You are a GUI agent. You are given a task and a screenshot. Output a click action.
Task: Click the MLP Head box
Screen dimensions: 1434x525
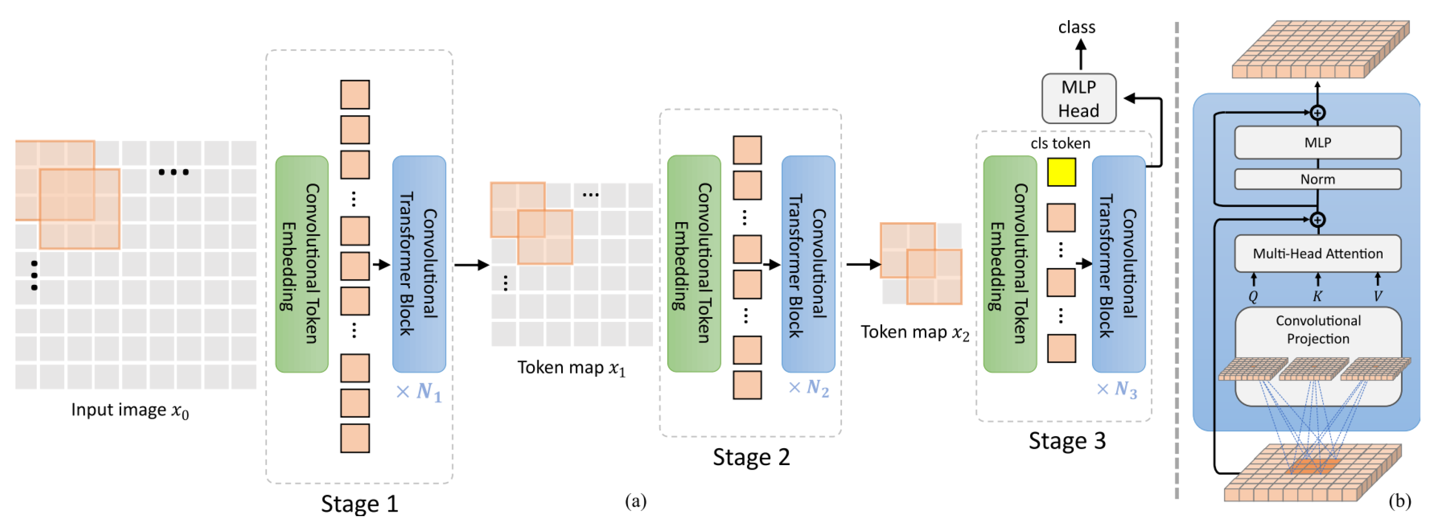pos(1078,99)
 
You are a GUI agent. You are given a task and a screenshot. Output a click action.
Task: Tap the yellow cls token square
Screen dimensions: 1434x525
pos(1061,172)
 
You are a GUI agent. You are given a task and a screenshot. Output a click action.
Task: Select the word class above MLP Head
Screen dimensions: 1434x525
pos(1076,27)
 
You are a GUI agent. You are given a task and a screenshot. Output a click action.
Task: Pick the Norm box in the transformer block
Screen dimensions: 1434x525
pos(1317,179)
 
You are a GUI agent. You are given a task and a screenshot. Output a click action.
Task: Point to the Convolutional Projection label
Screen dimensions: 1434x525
pos(1317,329)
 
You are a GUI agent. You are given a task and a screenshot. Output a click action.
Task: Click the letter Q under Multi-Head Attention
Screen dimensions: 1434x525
pos(1252,296)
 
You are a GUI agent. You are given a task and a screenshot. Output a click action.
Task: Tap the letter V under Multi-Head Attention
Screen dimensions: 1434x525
pos(1377,296)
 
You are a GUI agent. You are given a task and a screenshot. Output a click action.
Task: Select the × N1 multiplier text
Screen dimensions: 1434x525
pos(418,391)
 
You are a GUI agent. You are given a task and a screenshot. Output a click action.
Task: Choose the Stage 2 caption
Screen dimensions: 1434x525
pos(751,457)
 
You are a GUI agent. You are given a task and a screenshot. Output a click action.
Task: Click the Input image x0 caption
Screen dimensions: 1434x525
pos(130,410)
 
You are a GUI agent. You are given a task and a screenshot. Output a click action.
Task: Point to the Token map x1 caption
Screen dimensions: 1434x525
pos(571,367)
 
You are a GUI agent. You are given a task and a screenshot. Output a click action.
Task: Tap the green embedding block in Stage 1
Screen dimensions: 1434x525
pos(302,264)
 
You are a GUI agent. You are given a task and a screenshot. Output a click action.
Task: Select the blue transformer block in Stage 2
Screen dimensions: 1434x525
pos(808,264)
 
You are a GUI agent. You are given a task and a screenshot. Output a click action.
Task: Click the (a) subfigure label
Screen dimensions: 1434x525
pos(635,501)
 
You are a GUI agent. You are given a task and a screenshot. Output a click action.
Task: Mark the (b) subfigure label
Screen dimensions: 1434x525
pos(1399,501)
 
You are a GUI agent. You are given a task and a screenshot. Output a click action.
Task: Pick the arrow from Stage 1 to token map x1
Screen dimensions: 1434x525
pos(471,265)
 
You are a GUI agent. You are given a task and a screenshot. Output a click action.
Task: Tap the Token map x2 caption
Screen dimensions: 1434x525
pos(915,332)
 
